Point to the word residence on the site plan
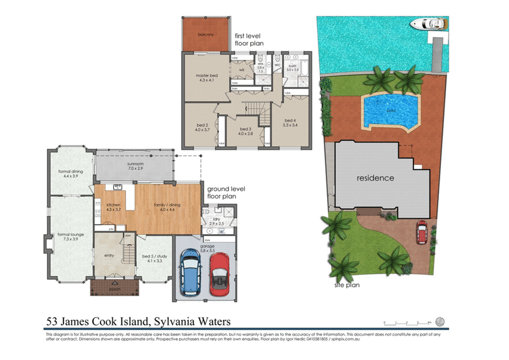(375, 178)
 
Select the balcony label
(205, 34)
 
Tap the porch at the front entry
(115, 287)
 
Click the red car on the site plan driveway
(421, 231)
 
